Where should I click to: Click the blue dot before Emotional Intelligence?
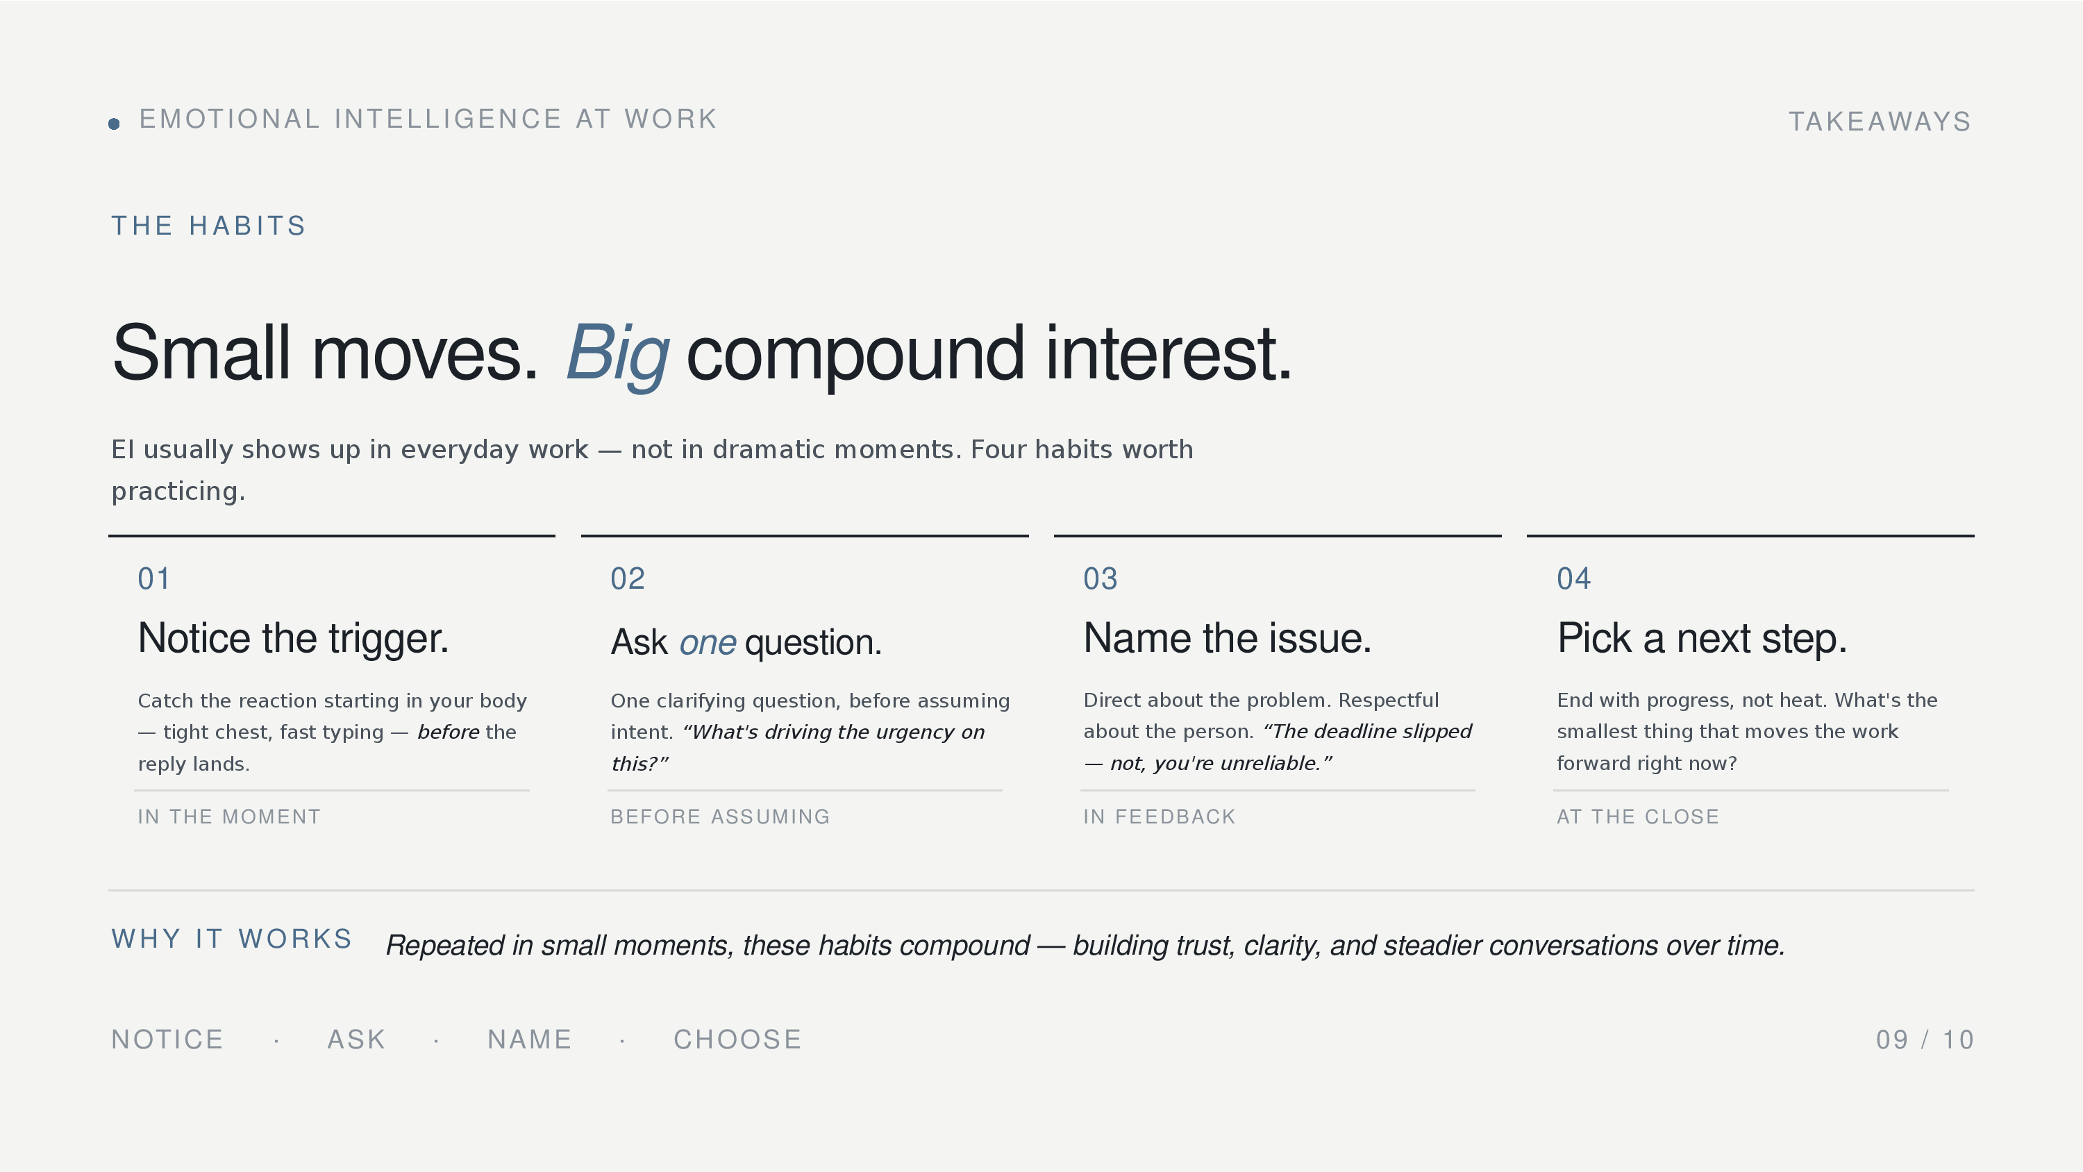click(114, 124)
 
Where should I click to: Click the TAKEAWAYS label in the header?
click(1880, 122)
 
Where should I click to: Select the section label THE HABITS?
click(208, 226)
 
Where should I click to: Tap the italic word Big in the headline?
click(618, 353)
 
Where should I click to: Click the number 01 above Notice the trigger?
click(153, 579)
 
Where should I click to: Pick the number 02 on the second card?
click(628, 579)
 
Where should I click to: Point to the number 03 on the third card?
click(1101, 579)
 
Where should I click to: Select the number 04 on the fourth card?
click(1573, 579)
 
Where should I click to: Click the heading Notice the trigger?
click(293, 639)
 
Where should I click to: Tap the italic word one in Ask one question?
click(708, 643)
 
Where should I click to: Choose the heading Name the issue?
click(1228, 638)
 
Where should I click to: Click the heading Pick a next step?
click(1702, 639)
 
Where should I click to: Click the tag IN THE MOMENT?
click(229, 817)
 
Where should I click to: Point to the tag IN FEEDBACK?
click(1160, 817)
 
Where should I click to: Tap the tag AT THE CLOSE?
click(1638, 817)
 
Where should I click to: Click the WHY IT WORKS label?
click(232, 939)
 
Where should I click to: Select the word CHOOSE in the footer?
click(737, 1040)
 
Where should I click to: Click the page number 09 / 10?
click(1925, 1040)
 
